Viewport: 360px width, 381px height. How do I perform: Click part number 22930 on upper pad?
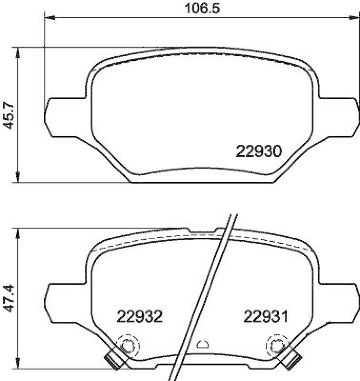[x=259, y=152]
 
